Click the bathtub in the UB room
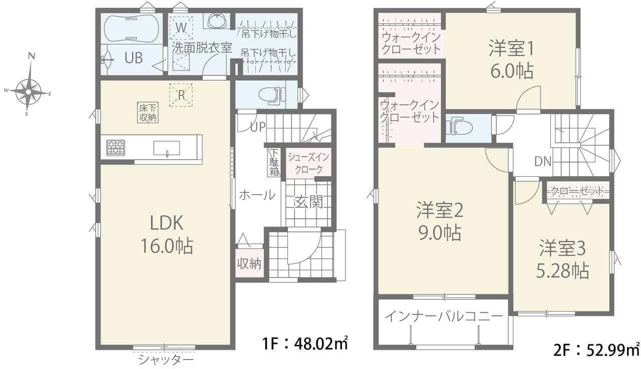(x=131, y=29)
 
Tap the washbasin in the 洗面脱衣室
(x=217, y=21)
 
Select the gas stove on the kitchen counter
(x=116, y=148)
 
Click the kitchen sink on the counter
(x=167, y=148)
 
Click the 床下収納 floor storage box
(x=148, y=113)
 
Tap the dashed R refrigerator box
(x=181, y=95)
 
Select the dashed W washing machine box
(x=181, y=28)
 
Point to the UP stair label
(x=258, y=127)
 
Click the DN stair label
(x=543, y=162)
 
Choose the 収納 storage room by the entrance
(x=249, y=263)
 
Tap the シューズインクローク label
(x=308, y=163)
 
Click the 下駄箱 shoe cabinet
(x=274, y=163)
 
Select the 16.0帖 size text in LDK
(x=167, y=246)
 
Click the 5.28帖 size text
(x=562, y=270)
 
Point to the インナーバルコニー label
(x=444, y=316)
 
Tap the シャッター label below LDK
(x=166, y=359)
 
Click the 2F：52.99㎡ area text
(x=596, y=350)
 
